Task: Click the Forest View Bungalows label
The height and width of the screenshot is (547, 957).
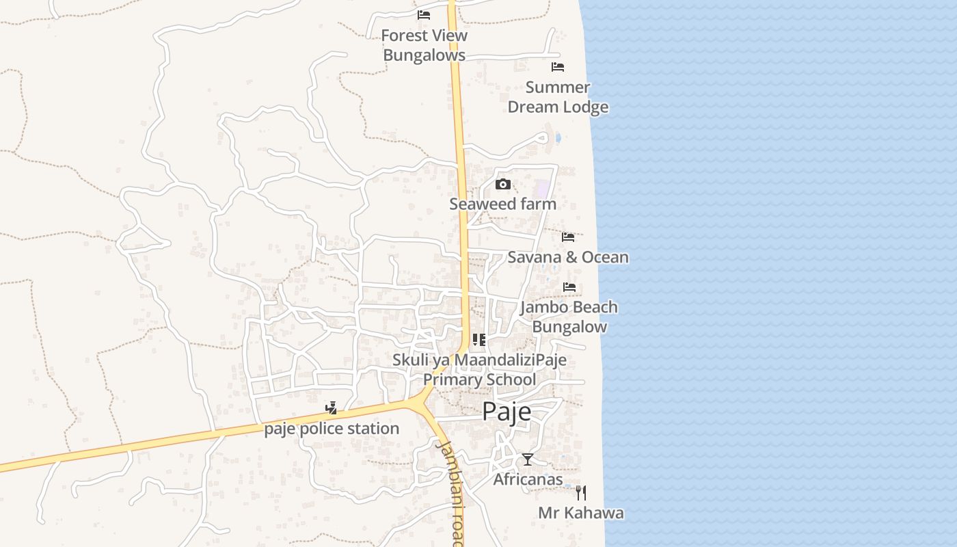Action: point(424,45)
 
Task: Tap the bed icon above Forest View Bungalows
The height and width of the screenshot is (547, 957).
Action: point(424,14)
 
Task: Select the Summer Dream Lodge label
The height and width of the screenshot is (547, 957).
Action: point(558,97)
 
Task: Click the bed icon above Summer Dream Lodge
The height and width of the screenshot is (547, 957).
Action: point(558,67)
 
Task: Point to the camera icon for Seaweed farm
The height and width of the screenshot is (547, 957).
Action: point(503,184)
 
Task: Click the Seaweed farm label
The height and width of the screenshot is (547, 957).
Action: point(502,204)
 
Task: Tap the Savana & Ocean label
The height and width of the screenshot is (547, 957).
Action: point(567,257)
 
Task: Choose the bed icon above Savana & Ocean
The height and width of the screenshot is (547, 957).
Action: point(568,237)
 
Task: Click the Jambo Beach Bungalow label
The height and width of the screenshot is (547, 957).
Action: point(569,317)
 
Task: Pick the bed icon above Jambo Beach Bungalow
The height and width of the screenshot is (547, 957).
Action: point(569,287)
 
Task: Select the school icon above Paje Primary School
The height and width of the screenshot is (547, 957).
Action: point(478,340)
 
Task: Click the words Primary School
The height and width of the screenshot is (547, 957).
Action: point(479,379)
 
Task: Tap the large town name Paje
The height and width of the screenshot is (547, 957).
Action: point(507,412)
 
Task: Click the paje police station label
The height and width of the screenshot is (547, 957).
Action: point(332,429)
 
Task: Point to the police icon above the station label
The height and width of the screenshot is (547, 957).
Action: point(332,409)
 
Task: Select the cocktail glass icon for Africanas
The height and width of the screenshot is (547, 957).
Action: point(527,459)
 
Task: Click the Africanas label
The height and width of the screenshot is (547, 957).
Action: point(528,479)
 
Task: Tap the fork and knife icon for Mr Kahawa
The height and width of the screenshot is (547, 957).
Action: point(580,493)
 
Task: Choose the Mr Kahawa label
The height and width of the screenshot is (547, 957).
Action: point(580,513)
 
